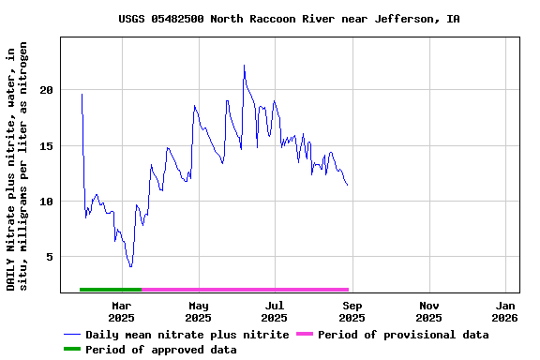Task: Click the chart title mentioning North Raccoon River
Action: click(x=289, y=19)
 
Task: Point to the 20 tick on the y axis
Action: click(x=47, y=90)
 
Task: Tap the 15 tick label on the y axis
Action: click(x=47, y=145)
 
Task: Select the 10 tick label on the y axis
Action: click(x=47, y=202)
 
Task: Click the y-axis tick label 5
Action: click(x=51, y=257)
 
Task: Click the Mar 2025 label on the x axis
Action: click(x=121, y=311)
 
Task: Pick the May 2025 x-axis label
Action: click(x=198, y=311)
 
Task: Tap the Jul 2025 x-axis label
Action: click(x=275, y=311)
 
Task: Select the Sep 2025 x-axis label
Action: click(x=352, y=311)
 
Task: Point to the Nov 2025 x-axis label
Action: click(x=428, y=311)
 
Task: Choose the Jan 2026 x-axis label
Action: click(x=505, y=311)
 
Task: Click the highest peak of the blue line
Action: click(x=244, y=66)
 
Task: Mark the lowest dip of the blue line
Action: click(x=130, y=267)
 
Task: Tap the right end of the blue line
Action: click(x=347, y=185)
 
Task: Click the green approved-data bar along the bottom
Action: click(x=111, y=290)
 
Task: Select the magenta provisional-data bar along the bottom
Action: click(x=245, y=290)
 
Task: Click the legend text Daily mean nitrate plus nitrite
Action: click(x=187, y=335)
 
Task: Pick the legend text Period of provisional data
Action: click(x=403, y=335)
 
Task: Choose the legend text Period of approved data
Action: click(x=160, y=350)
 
